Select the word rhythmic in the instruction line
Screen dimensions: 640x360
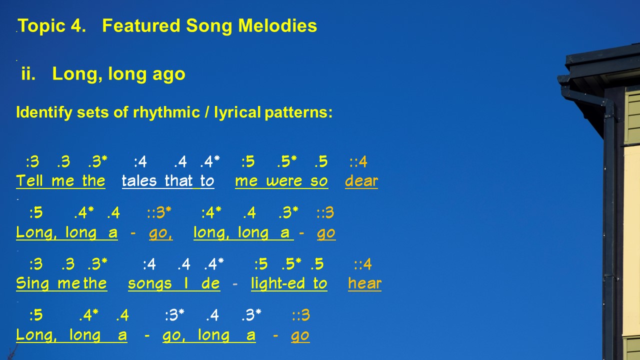[x=166, y=112]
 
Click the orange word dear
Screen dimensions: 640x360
[x=361, y=181]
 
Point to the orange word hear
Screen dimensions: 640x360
[x=364, y=283]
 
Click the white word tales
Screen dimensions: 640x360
[x=139, y=181]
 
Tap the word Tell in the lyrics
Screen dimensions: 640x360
[x=29, y=180]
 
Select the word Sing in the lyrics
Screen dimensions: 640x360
[x=32, y=284]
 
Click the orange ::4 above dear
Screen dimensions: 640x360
[x=358, y=161]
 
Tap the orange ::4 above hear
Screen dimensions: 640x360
[x=363, y=264]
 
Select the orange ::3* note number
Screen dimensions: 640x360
[x=159, y=212]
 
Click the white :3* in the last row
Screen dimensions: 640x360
[x=174, y=315]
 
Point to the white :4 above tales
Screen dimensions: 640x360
[x=140, y=161]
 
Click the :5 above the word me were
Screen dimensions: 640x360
[x=248, y=161]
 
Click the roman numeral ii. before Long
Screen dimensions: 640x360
[x=28, y=73]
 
